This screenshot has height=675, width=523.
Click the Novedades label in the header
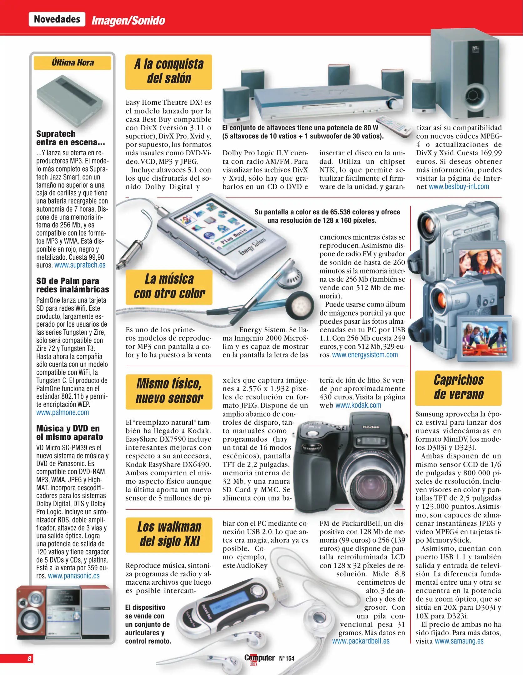pyautogui.click(x=57, y=19)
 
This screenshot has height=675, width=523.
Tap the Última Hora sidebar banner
pyautogui.click(x=73, y=63)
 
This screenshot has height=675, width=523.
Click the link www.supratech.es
pyautogui.click(x=80, y=265)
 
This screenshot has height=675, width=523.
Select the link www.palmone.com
pyautogui.click(x=63, y=412)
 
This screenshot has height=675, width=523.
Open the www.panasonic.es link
pyautogui.click(x=74, y=576)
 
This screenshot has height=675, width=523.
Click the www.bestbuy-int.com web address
pyautogui.click(x=459, y=187)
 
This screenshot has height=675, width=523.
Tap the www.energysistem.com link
pyautogui.click(x=365, y=355)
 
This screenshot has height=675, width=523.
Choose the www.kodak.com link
pyautogui.click(x=358, y=405)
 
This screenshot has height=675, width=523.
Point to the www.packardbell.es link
pyautogui.click(x=361, y=641)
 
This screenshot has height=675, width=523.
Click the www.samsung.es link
pyautogui.click(x=459, y=641)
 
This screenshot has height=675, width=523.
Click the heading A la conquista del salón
pyautogui.click(x=169, y=72)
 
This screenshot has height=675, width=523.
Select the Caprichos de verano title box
pyautogui.click(x=458, y=387)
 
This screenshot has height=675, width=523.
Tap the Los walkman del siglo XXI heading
pyautogui.click(x=169, y=534)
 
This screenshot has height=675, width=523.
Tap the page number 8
pyautogui.click(x=29, y=658)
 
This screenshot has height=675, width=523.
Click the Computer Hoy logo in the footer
pyautogui.click(x=259, y=659)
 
